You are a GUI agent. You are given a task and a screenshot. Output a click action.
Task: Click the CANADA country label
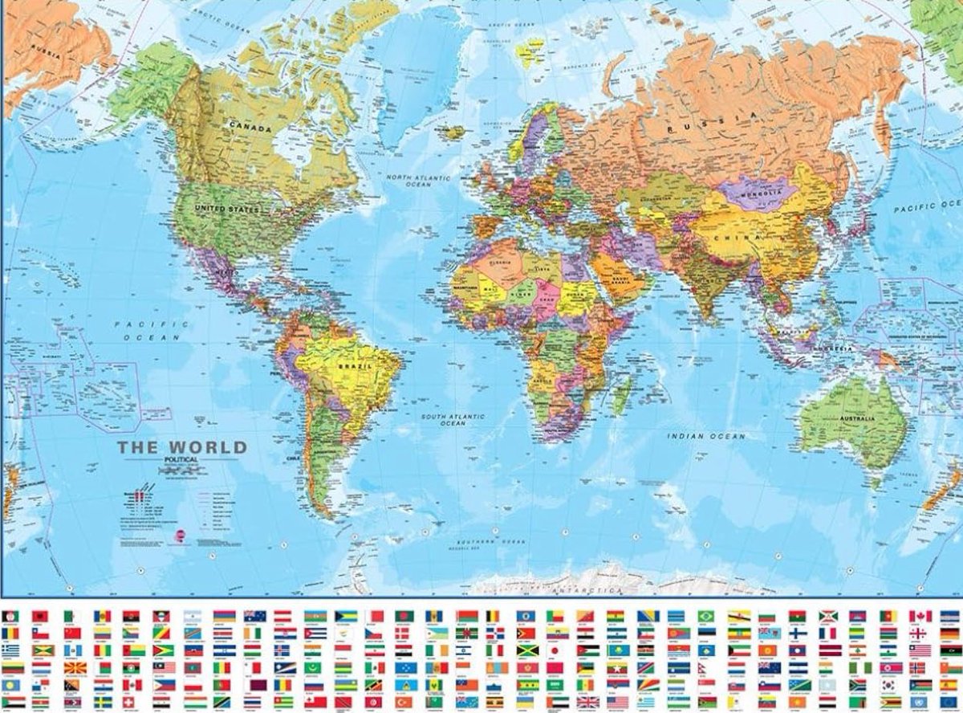pyautogui.click(x=250, y=128)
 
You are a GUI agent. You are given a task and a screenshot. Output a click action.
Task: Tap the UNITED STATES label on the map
pyautogui.click(x=227, y=210)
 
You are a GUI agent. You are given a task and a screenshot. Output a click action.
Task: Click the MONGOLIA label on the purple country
pyautogui.click(x=759, y=193)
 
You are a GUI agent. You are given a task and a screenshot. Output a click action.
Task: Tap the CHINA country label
pyautogui.click(x=742, y=238)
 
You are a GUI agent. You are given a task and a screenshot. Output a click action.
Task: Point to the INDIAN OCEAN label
pyautogui.click(x=707, y=436)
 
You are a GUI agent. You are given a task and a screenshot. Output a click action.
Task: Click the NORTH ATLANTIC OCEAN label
pyautogui.click(x=419, y=181)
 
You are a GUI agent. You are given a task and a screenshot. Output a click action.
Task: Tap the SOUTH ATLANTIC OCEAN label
pyautogui.click(x=453, y=420)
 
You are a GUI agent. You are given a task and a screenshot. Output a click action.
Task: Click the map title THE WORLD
pyautogui.click(x=182, y=447)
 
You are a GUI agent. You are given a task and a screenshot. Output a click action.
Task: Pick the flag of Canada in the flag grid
pyautogui.click(x=920, y=616)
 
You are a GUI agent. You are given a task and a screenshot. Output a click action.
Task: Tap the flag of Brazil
pyautogui.click(x=705, y=616)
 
